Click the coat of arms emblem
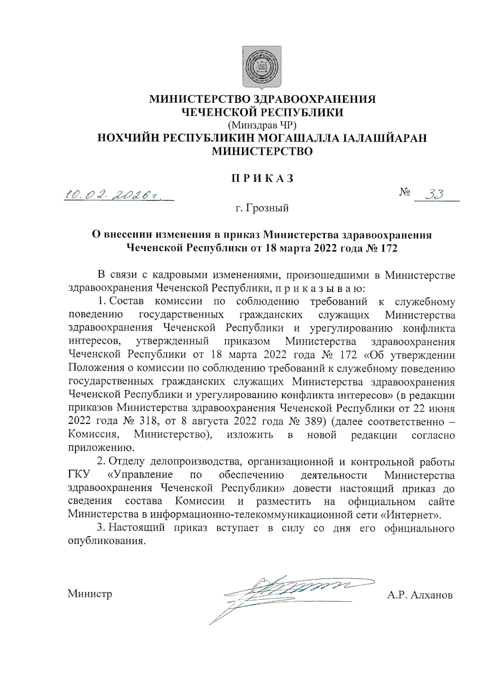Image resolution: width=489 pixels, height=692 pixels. pyautogui.click(x=262, y=67)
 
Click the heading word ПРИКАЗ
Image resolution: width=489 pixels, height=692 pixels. pyautogui.click(x=262, y=179)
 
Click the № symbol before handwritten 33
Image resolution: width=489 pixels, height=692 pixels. pyautogui.click(x=404, y=192)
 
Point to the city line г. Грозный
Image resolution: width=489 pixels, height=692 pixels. pyautogui.click(x=262, y=208)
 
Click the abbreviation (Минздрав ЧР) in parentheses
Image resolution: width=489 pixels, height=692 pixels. pyautogui.click(x=262, y=125)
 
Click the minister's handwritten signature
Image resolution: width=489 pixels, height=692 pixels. pyautogui.click(x=285, y=591)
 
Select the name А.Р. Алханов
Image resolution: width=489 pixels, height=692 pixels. pyautogui.click(x=420, y=595)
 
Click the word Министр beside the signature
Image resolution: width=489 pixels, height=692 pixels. pyautogui.click(x=90, y=593)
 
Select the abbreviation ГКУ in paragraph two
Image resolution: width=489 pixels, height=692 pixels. pyautogui.click(x=79, y=475)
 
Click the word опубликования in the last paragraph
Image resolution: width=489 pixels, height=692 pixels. pyautogui.click(x=106, y=541)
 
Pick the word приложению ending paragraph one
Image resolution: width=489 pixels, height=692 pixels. pyautogui.click(x=101, y=448)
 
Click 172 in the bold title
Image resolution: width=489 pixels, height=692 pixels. pyautogui.click(x=388, y=248)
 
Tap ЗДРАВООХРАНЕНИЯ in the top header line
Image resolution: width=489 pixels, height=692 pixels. pyautogui.click(x=314, y=99)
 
